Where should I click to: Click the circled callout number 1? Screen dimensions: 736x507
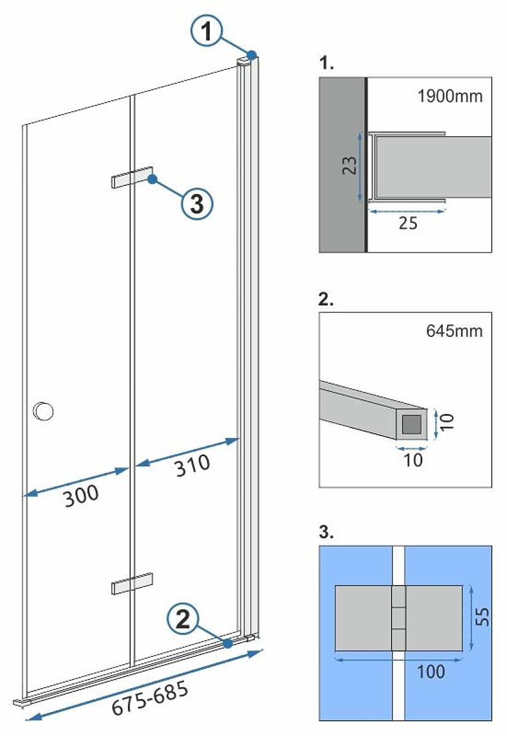tap(208, 30)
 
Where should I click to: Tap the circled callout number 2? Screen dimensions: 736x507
tap(182, 620)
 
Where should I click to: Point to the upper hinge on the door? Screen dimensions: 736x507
tap(132, 176)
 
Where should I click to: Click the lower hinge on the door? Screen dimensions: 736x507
tap(132, 583)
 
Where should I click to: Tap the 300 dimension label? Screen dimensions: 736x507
tap(81, 494)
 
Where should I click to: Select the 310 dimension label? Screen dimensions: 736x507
tap(192, 465)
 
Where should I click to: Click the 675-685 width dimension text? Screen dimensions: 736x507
tap(149, 698)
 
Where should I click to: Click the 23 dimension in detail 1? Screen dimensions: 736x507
tap(349, 166)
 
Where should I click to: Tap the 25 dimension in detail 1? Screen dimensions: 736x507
tap(408, 223)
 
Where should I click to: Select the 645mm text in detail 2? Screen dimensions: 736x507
tap(454, 331)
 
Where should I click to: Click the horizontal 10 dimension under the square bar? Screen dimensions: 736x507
tap(414, 459)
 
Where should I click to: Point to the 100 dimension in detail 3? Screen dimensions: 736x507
tap(430, 672)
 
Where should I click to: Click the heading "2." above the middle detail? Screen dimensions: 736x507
tap(327, 301)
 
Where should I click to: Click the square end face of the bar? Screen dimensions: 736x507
tap(411, 424)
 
